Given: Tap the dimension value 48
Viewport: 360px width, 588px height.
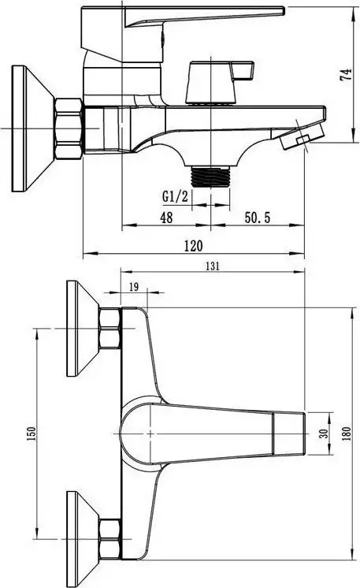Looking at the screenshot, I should (x=166, y=218).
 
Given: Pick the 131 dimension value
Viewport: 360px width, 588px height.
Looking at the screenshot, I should (x=212, y=266).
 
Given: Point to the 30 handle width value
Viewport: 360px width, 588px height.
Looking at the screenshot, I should (x=322, y=433).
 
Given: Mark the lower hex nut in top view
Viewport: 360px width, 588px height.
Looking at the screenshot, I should (x=109, y=537).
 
